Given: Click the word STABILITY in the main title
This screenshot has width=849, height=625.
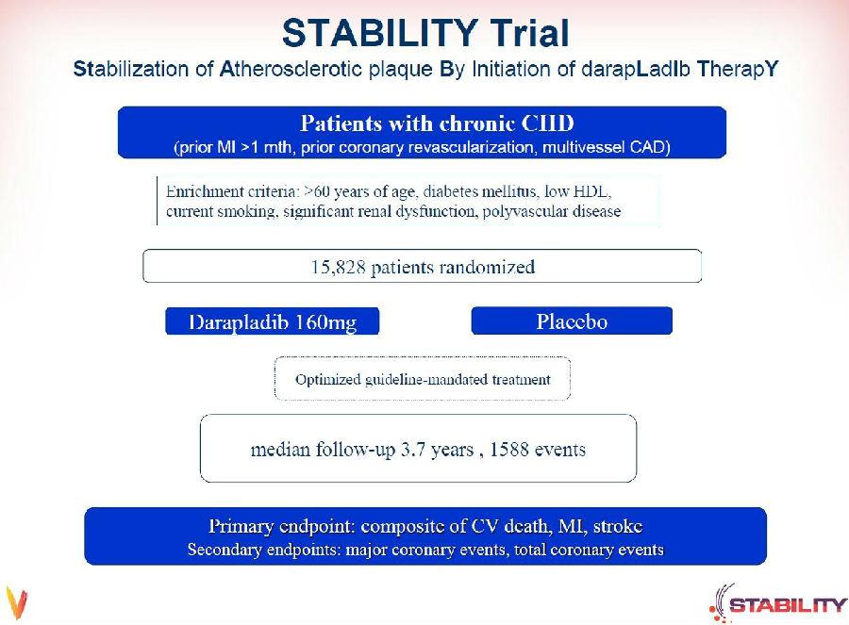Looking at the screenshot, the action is coord(379,33).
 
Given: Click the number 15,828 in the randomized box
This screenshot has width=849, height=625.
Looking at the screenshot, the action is coord(338,268).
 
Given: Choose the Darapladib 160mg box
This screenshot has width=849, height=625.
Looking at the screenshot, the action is coord(273,321).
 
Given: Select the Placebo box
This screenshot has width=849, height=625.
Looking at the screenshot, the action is coord(572,321).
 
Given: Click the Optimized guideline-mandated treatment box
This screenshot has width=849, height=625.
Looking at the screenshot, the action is coord(423,379).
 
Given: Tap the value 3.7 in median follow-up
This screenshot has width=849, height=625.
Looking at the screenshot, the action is coord(412,449).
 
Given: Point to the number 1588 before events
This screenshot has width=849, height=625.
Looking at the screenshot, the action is coord(508,449).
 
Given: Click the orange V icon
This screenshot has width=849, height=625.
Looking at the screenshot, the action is coord(17,602).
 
